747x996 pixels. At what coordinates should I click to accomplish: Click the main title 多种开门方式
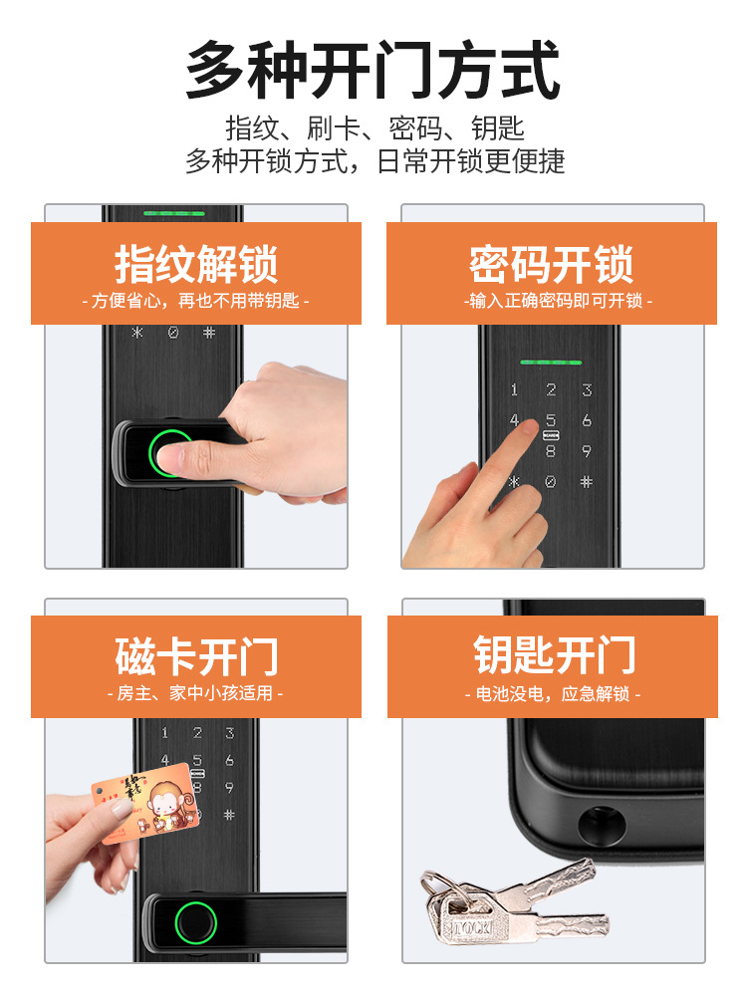coord(373,70)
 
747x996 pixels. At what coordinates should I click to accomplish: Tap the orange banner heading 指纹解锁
coord(196,264)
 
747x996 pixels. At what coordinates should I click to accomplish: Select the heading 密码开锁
coord(552,264)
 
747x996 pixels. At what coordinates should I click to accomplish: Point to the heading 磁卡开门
coord(197,656)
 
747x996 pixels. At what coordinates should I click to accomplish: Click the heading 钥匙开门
coord(554,655)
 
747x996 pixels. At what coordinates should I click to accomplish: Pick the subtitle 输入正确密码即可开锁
coord(558,301)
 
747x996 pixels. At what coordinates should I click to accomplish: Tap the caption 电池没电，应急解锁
coord(553,693)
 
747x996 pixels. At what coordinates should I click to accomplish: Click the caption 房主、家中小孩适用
coord(195,692)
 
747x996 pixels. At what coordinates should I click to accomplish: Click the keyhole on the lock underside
coord(601,825)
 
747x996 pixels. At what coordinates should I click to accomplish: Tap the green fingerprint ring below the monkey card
coord(195,921)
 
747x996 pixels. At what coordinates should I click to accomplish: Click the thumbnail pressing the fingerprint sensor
coord(169,456)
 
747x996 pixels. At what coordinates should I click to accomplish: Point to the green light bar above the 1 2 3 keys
coord(551,363)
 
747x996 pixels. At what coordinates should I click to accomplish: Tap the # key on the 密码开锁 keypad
coord(587,481)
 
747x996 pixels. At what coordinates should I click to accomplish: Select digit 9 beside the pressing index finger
coord(587,451)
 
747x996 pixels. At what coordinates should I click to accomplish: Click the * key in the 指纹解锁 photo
coord(137,333)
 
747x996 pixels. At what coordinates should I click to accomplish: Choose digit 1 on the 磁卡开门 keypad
coord(164,732)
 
